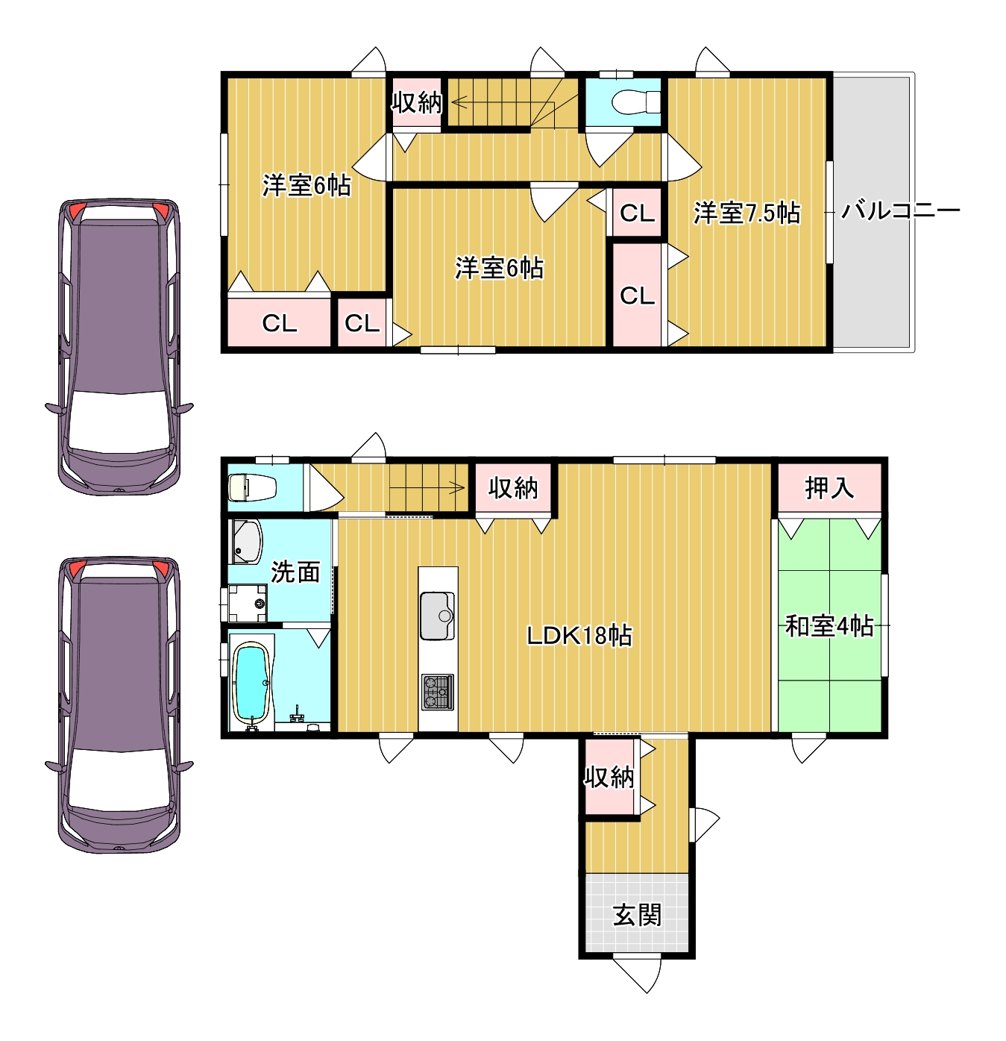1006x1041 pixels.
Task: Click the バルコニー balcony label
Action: [x=900, y=210]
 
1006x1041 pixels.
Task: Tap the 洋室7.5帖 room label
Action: [x=746, y=213]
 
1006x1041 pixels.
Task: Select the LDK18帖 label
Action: [x=579, y=636]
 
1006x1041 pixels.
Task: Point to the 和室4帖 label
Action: [x=829, y=626]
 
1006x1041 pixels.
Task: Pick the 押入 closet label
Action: [x=829, y=488]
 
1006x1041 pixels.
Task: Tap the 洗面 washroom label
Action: [x=295, y=572]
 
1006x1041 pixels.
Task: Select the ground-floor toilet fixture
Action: [x=252, y=487]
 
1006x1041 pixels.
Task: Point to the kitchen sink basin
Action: [x=437, y=615]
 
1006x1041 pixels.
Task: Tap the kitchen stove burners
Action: [x=437, y=692]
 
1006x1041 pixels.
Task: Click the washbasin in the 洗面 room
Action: [x=246, y=542]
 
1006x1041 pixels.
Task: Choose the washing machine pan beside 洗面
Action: [x=247, y=604]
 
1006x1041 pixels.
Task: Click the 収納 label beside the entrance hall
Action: [x=609, y=777]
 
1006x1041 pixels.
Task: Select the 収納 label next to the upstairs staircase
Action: [x=417, y=101]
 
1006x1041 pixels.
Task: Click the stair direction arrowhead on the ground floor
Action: [x=458, y=487]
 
